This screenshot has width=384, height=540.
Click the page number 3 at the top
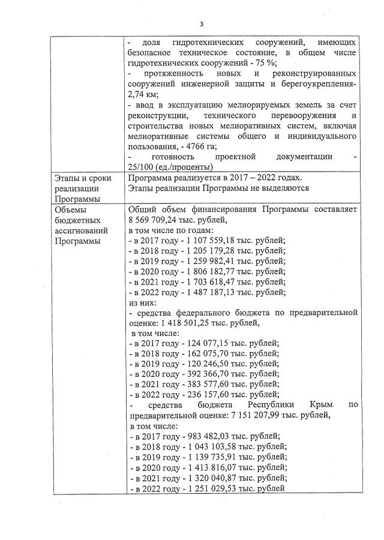[202, 24]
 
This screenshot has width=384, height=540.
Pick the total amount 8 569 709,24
[157, 220]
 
